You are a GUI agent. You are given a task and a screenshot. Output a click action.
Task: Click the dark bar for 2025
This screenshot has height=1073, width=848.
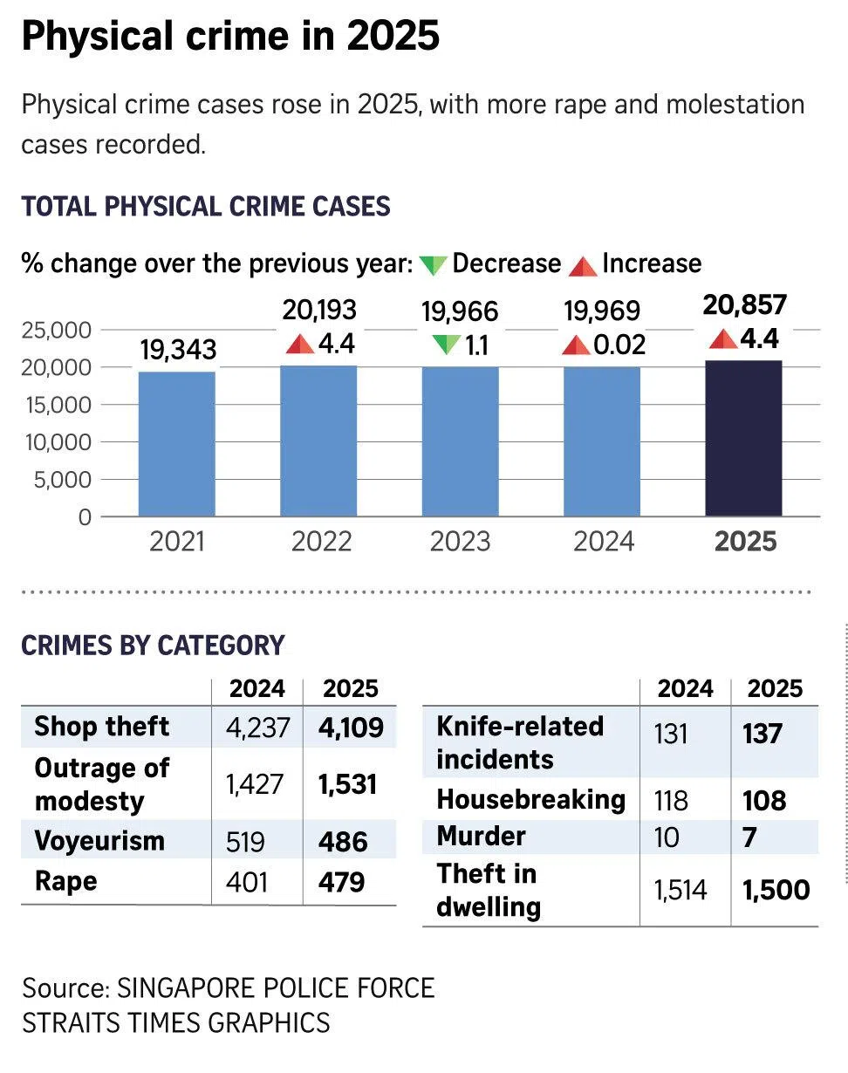[743, 438]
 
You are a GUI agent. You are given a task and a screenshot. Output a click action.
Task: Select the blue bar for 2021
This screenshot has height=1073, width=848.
[177, 444]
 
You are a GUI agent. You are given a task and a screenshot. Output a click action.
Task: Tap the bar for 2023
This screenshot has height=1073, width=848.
[460, 441]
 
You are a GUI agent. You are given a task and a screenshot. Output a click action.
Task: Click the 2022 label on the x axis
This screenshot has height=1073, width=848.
[321, 542]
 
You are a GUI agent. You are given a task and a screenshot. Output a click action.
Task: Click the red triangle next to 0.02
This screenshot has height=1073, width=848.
[576, 345]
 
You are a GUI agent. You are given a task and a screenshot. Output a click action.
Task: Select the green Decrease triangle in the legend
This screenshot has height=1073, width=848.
[433, 264]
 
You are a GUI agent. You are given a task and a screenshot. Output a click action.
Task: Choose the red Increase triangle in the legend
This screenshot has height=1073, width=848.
[583, 264]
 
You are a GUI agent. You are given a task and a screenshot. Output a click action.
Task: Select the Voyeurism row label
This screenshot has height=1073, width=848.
[99, 841]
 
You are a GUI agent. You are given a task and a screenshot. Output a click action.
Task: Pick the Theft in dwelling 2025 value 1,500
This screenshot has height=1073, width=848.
[776, 890]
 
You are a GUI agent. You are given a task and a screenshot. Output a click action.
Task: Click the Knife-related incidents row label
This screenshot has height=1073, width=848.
[520, 742]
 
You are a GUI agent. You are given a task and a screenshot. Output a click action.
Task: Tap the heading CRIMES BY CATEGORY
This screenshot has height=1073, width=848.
[153, 645]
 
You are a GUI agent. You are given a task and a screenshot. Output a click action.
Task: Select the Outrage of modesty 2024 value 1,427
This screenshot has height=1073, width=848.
[255, 784]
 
